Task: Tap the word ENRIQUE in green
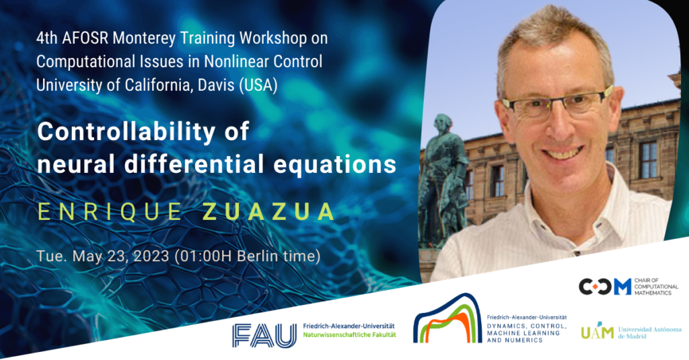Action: pyautogui.click(x=110, y=211)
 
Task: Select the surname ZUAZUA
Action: pyautogui.click(x=268, y=211)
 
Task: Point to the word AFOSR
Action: pyautogui.click(x=85, y=38)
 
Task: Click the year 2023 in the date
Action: pyautogui.click(x=151, y=256)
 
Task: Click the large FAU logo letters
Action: pyautogui.click(x=264, y=335)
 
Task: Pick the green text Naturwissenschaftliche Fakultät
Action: pyautogui.click(x=349, y=334)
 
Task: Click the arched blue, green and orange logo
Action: pyautogui.click(x=447, y=319)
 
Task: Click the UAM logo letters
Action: pyautogui.click(x=597, y=332)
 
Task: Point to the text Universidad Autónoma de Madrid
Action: pyautogui.click(x=649, y=332)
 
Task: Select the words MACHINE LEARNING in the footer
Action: pyautogui.click(x=517, y=333)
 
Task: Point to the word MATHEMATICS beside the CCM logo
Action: pyautogui.click(x=653, y=293)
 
